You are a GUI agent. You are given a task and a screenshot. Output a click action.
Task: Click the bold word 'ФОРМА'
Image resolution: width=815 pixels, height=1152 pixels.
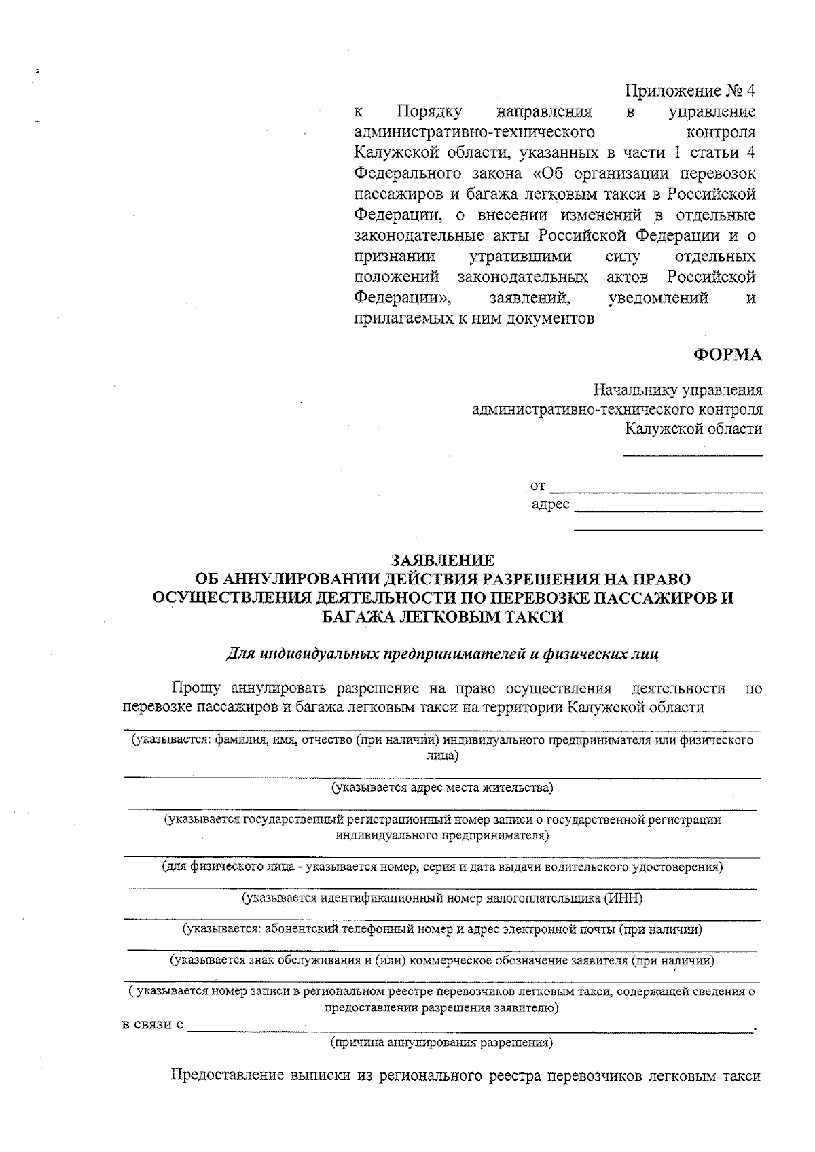pos(727,355)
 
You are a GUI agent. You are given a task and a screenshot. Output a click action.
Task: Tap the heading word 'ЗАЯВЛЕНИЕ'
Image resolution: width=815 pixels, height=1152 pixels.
pos(442,561)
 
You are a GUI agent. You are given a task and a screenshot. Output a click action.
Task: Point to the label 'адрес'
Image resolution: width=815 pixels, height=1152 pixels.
pos(550,505)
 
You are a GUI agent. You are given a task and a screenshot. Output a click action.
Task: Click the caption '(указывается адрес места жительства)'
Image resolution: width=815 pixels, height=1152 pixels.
pos(442,788)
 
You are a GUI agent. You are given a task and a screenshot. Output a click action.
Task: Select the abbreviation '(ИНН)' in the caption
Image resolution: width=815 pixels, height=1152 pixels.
pos(623,898)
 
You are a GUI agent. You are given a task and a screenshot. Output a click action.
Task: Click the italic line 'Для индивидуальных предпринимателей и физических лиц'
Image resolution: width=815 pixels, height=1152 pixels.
pos(441,654)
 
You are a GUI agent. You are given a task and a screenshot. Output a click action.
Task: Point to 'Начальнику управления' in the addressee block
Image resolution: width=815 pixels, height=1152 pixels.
pos(677,390)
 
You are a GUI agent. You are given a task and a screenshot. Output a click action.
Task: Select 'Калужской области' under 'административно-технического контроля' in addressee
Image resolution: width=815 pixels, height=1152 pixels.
pos(693,429)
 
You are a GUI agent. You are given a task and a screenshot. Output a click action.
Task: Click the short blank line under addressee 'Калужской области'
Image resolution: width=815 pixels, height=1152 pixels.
pos(692,454)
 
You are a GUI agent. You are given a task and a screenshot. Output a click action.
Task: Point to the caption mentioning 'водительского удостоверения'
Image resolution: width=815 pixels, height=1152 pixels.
pos(442,867)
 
